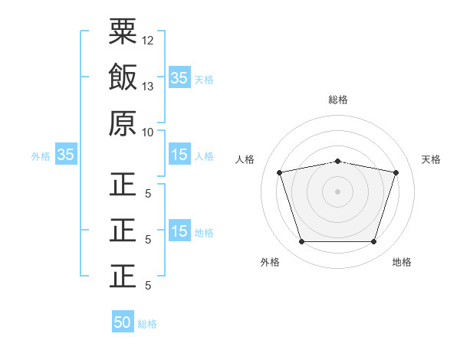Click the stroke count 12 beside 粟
click(148, 40)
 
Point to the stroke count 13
click(148, 86)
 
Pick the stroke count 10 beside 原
click(148, 132)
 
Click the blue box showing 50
click(123, 322)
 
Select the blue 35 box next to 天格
click(179, 78)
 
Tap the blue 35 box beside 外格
click(65, 155)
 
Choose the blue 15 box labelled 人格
click(179, 155)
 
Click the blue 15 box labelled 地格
click(179, 231)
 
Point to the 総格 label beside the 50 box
click(147, 324)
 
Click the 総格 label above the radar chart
click(337, 100)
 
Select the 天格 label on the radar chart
click(432, 159)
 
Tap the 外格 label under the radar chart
click(270, 262)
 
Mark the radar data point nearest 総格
click(337, 161)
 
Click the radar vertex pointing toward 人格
click(280, 172)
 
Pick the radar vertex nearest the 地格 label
click(373, 241)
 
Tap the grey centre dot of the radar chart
click(337, 191)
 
